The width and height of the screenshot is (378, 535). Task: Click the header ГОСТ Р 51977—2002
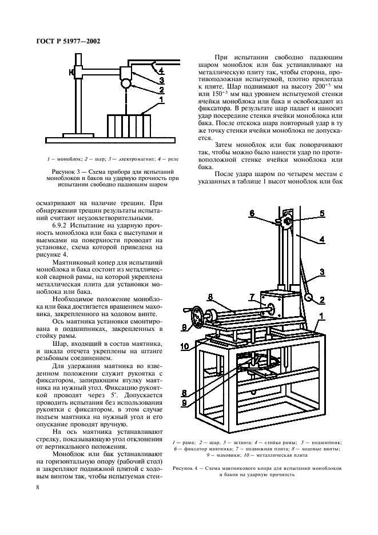click(61, 39)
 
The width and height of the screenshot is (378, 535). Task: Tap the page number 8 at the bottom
click(37, 487)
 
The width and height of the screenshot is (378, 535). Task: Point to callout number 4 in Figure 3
click(162, 71)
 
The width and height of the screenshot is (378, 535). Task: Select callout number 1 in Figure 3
click(162, 99)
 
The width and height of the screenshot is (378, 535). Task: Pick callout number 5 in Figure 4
click(321, 213)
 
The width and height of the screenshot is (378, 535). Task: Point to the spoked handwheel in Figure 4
click(198, 315)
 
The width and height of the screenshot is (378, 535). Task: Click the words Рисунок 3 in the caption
click(65, 171)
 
